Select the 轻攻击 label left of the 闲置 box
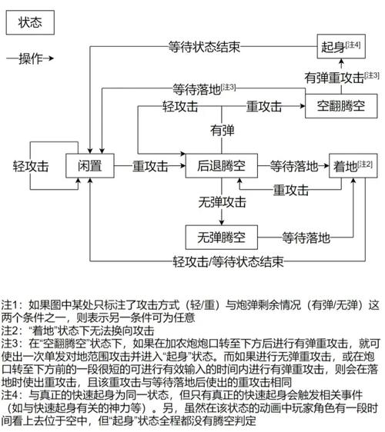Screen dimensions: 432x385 pyautogui.click(x=31, y=165)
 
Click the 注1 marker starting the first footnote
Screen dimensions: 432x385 pyautogui.click(x=12, y=304)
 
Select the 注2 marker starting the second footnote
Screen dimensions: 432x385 pyautogui.click(x=12, y=331)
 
